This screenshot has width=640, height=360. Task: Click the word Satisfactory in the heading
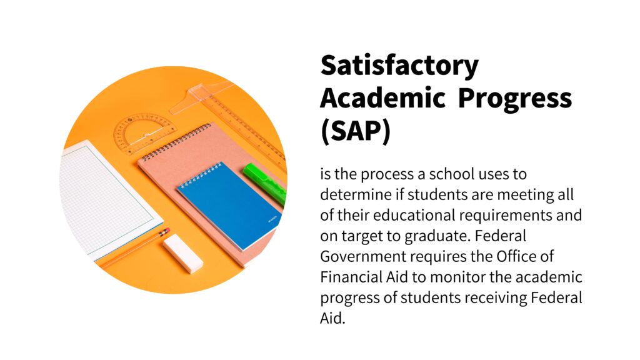tap(399, 66)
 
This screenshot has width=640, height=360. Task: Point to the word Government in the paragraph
tap(359, 257)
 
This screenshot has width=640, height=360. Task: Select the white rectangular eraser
tap(182, 254)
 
